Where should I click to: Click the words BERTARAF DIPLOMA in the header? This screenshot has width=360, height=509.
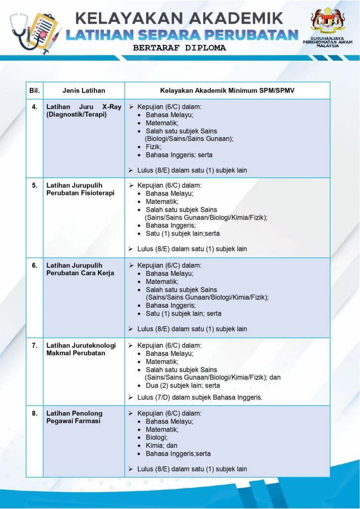click(x=180, y=48)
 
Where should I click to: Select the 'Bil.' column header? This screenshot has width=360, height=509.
click(x=34, y=90)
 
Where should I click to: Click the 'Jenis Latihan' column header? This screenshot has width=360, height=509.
click(x=84, y=90)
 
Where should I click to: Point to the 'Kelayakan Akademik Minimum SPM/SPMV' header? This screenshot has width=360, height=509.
click(x=227, y=90)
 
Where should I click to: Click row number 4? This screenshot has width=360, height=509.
click(x=34, y=107)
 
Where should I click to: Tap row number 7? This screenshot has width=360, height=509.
click(x=34, y=345)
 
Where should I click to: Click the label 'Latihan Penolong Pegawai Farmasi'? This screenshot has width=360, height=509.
click(x=74, y=417)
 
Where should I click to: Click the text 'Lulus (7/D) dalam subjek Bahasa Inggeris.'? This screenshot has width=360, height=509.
click(x=199, y=397)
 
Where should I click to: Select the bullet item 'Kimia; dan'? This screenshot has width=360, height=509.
click(x=161, y=445)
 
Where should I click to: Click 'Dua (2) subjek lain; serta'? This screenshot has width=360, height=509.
click(x=182, y=385)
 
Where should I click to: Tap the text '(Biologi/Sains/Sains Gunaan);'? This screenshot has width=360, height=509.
click(x=189, y=139)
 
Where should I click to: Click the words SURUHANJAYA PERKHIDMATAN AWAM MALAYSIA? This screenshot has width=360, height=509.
click(x=327, y=41)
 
